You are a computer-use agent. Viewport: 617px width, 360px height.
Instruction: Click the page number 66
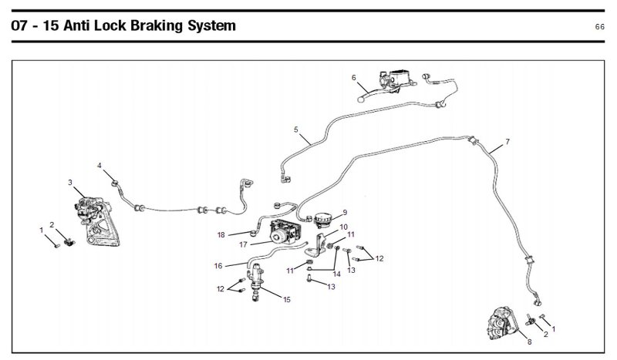(x=599, y=27)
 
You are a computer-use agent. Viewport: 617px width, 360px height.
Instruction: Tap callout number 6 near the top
(x=353, y=78)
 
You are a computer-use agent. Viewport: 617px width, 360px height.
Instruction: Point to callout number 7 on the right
(x=507, y=143)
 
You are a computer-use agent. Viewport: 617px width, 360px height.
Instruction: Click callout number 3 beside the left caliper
(x=70, y=183)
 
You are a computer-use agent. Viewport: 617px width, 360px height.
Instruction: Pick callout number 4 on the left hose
(x=99, y=166)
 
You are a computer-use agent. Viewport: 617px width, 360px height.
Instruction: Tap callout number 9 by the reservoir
(x=345, y=212)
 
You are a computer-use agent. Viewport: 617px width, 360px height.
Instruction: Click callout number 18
(x=221, y=234)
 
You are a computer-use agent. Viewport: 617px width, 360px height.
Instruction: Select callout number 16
(x=218, y=266)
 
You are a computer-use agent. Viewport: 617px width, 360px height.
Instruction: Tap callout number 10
(x=344, y=227)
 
